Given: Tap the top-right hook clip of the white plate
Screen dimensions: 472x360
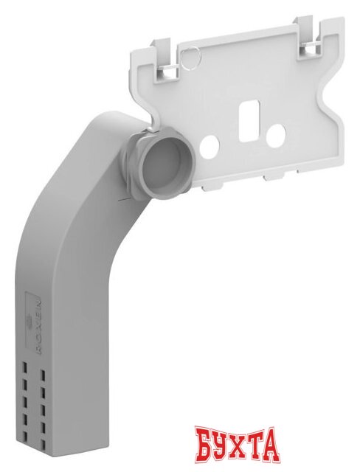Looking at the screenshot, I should (x=308, y=36).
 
